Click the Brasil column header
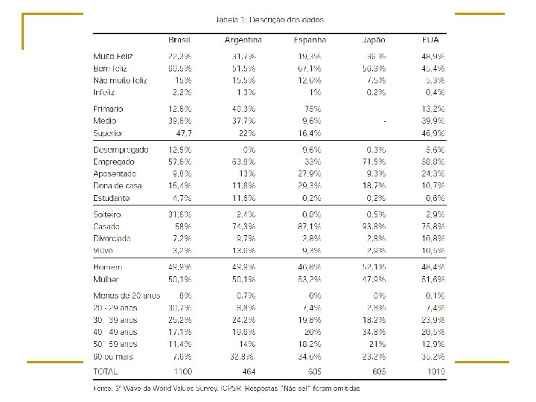[x=179, y=40]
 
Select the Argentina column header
[x=243, y=40]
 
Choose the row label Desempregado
[x=121, y=150]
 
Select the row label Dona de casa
[x=118, y=185]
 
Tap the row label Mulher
[x=107, y=279]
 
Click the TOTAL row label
[x=106, y=370]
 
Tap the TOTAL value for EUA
[x=435, y=370]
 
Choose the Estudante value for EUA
[x=435, y=198]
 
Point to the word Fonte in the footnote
[x=103, y=388]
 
